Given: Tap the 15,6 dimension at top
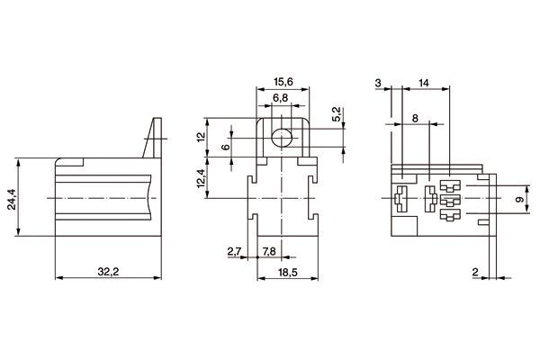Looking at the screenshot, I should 282,82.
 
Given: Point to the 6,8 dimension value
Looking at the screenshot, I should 282,97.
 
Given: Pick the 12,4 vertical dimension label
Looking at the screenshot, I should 202,175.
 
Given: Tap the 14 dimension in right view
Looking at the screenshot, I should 424,82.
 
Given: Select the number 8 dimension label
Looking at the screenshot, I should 414,118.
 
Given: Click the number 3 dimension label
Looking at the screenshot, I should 378,82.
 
